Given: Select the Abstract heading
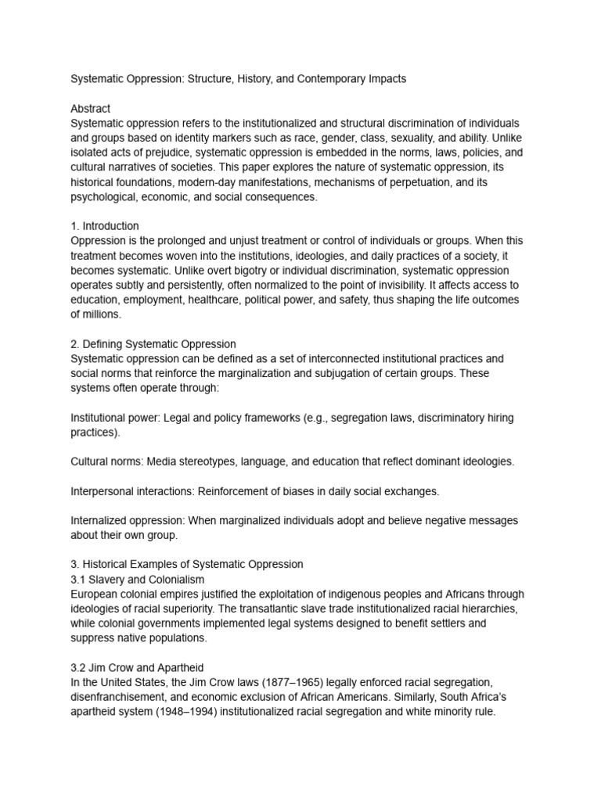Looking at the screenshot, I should (x=90, y=109).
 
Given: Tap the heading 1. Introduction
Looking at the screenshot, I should (x=105, y=226).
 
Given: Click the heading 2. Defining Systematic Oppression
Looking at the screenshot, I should (x=153, y=343).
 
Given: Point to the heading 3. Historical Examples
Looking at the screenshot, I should (x=187, y=564).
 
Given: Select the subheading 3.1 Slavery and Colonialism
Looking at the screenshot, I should (x=138, y=579).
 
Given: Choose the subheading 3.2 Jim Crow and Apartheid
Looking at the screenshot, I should (x=137, y=667).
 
